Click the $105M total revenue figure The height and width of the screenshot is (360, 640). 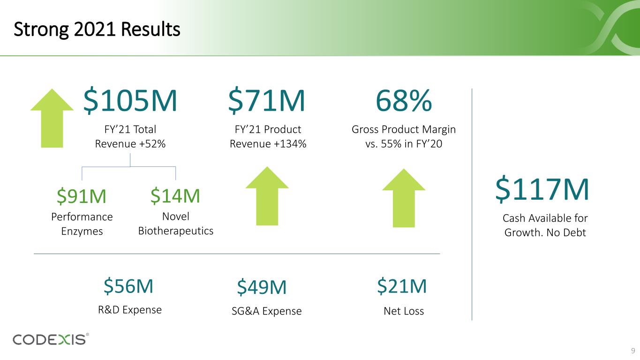pos(130,102)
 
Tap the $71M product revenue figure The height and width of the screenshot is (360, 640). pos(266,102)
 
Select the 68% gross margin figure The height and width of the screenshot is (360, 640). pos(403,102)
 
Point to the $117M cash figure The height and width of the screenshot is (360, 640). pos(542,189)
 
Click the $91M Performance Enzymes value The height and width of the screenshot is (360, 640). pos(82,196)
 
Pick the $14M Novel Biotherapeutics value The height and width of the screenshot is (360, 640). pos(175,196)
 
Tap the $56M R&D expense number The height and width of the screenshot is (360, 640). pos(128,286)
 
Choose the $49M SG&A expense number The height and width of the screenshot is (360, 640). pos(262,287)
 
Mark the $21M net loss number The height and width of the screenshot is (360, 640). pos(402,286)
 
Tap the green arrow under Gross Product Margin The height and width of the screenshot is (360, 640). pos(403,198)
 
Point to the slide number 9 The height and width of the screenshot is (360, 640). pos(632,351)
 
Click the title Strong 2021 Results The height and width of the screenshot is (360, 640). pos(97,30)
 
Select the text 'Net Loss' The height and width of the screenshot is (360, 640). pos(403,311)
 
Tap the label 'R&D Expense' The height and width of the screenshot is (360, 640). pos(130,310)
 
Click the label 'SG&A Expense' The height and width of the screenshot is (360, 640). pos(266,311)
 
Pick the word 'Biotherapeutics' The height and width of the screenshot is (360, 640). pos(176,231)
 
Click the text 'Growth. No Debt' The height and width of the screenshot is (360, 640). pos(545,232)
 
